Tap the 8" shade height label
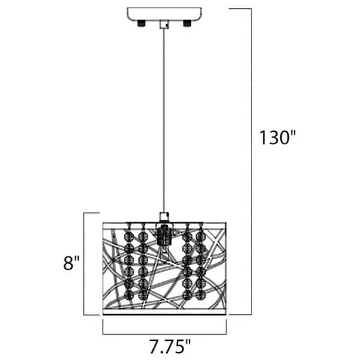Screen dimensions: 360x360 pyautogui.click(x=71, y=263)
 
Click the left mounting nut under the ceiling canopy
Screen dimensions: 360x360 pyautogui.click(x=142, y=23)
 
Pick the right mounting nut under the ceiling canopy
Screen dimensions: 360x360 pyautogui.click(x=187, y=23)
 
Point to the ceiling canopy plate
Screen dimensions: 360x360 pyautogui.click(x=164, y=14)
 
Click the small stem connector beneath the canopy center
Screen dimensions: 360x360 pyautogui.click(x=164, y=25)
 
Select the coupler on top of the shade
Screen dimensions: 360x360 pyautogui.click(x=164, y=217)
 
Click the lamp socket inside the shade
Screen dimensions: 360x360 pyautogui.click(x=164, y=235)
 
